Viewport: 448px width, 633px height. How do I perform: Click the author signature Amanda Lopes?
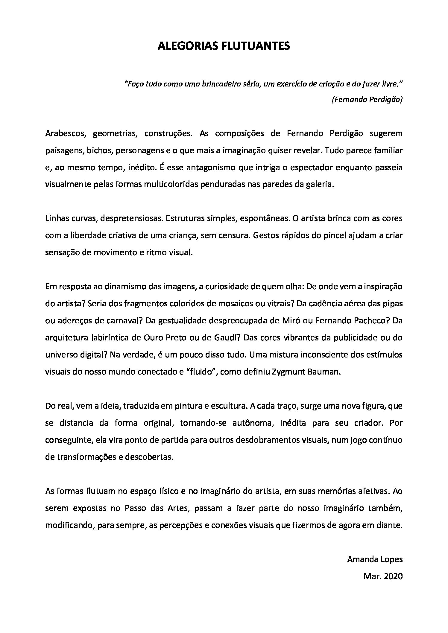click(x=375, y=559)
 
